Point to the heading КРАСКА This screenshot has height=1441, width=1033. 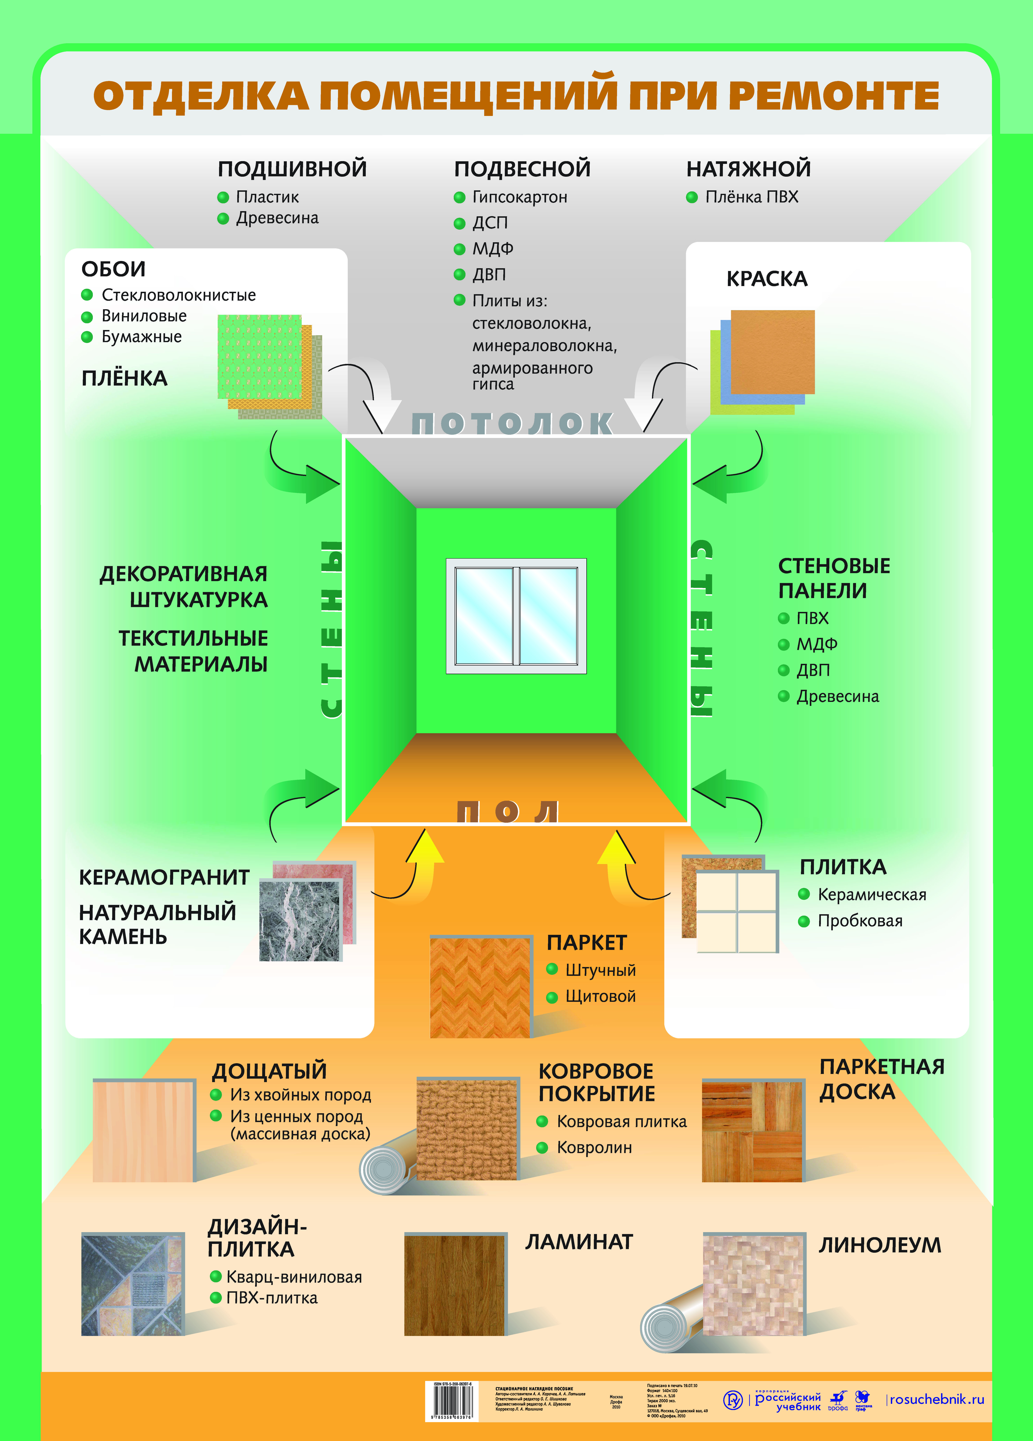point(767,279)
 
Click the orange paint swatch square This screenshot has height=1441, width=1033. point(772,351)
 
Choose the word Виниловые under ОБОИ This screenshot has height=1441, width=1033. point(144,316)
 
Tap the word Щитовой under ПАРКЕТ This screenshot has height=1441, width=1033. point(600,996)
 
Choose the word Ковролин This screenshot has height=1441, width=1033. point(594,1148)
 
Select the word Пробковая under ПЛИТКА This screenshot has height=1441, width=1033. point(859,921)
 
